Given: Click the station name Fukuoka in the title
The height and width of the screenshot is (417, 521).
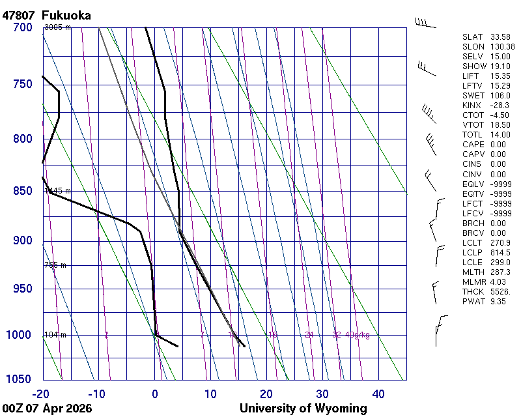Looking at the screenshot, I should (x=66, y=14).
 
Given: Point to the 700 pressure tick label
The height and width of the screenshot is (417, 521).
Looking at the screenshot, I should (x=22, y=27).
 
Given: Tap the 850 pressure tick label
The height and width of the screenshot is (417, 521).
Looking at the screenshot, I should (x=22, y=191).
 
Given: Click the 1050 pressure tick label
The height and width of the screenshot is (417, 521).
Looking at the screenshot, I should (x=20, y=380).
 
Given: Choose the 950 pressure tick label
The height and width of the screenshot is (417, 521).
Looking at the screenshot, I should (x=22, y=289).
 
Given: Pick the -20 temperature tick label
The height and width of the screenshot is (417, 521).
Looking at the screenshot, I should (x=41, y=394).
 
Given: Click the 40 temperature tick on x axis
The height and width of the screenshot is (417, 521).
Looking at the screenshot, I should (x=378, y=394).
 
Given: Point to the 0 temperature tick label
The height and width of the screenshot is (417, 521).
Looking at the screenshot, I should (x=155, y=394).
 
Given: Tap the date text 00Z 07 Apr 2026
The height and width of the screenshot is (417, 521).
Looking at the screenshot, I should (x=47, y=409).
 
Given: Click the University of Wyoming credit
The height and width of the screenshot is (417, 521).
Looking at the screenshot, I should (x=303, y=409).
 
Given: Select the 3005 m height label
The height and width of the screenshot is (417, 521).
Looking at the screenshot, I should (x=57, y=27).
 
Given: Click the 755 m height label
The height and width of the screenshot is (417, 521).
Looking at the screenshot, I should (x=55, y=265).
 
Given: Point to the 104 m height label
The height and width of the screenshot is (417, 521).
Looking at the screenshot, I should (x=55, y=335).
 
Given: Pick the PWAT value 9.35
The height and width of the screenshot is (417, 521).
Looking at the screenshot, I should (x=499, y=302).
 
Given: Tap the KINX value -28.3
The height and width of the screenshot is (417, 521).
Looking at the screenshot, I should (x=500, y=105).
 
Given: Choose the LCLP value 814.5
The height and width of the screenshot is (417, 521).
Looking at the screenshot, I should (x=500, y=253).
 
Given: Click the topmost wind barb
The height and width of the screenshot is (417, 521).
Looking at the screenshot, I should (x=425, y=23).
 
